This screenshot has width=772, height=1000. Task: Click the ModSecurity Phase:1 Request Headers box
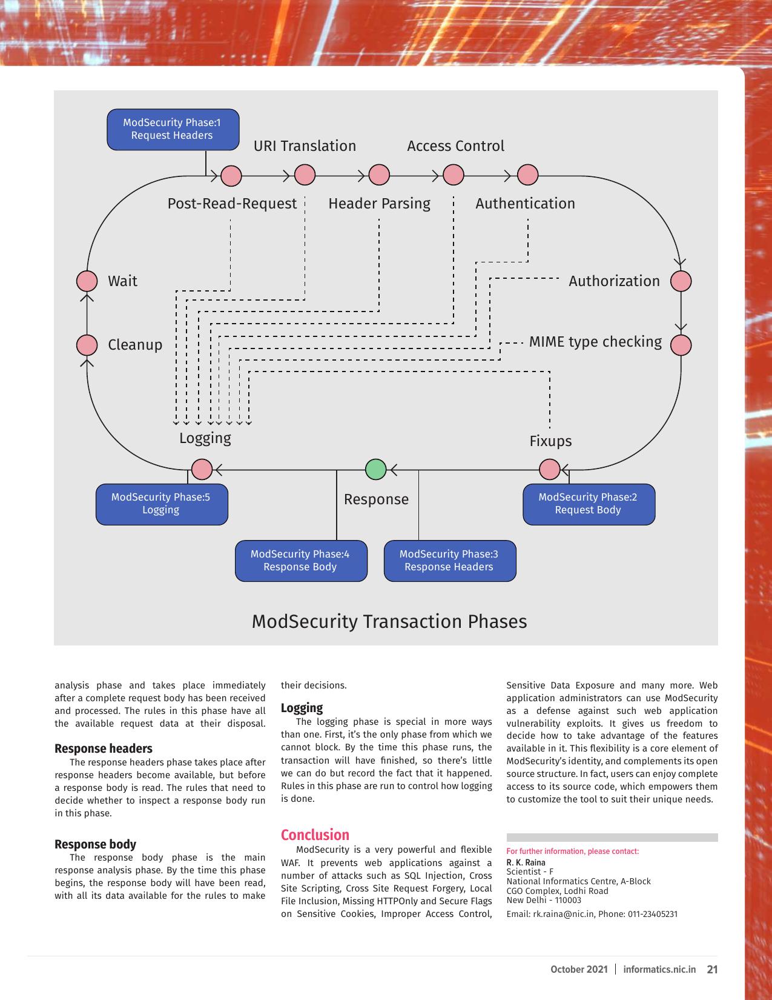pyautogui.click(x=173, y=129)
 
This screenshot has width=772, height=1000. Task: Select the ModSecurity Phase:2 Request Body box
pyautogui.click(x=589, y=504)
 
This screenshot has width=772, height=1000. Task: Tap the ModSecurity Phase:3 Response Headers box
pyautogui.click(x=450, y=561)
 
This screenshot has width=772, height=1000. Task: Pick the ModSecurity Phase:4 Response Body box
pyautogui.click(x=301, y=561)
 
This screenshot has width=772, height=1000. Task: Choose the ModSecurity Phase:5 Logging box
pyautogui.click(x=162, y=504)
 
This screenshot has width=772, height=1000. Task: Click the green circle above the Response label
pyautogui.click(x=375, y=470)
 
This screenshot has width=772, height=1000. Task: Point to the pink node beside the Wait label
pyautogui.click(x=87, y=281)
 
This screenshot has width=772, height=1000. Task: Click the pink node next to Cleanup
pyautogui.click(x=87, y=345)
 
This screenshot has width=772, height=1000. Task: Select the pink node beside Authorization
pyautogui.click(x=681, y=281)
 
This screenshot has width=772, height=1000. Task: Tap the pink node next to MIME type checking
pyautogui.click(x=681, y=345)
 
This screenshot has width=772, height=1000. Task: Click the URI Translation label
pyautogui.click(x=305, y=146)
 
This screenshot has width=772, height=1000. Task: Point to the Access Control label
pyautogui.click(x=456, y=146)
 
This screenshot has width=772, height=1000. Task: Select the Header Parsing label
pyautogui.click(x=379, y=204)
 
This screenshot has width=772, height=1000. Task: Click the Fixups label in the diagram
pyautogui.click(x=550, y=441)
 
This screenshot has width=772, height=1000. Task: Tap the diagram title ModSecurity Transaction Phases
pyautogui.click(x=389, y=621)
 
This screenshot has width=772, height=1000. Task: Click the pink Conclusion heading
pyautogui.click(x=315, y=835)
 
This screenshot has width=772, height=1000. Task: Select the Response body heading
pyautogui.click(x=95, y=844)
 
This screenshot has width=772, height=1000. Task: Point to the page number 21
pyautogui.click(x=712, y=969)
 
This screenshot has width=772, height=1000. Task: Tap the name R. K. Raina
pyautogui.click(x=526, y=862)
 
